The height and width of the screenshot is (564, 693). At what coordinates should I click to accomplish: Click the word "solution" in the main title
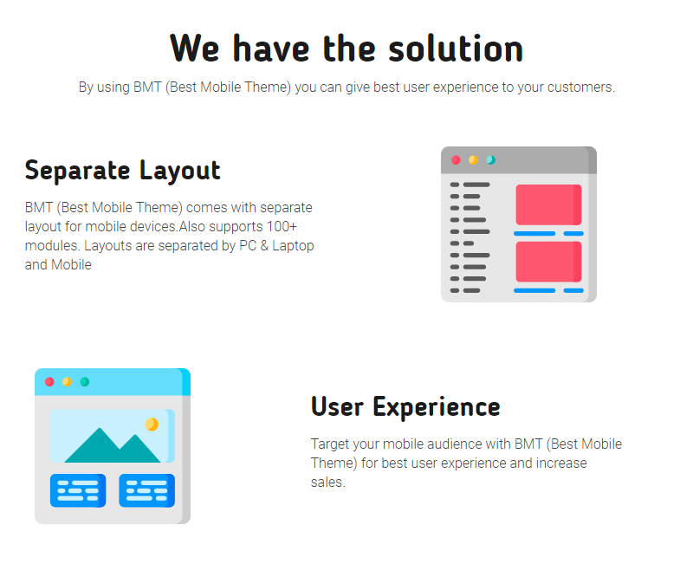(x=456, y=49)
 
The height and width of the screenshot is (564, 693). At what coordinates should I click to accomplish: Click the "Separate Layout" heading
(x=122, y=171)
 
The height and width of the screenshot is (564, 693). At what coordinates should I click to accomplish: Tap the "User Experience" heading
(x=405, y=407)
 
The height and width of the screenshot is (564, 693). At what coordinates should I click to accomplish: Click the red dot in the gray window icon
(x=456, y=160)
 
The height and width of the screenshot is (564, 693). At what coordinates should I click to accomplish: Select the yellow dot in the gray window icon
(x=473, y=160)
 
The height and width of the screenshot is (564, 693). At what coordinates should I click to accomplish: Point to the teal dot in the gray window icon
(x=491, y=160)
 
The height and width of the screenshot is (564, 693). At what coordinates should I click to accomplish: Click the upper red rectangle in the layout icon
(x=548, y=204)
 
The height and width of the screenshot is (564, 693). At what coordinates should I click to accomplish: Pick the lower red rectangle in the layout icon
(x=548, y=262)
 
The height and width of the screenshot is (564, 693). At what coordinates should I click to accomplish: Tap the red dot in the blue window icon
(x=49, y=381)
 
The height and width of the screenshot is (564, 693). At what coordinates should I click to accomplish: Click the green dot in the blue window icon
(x=84, y=381)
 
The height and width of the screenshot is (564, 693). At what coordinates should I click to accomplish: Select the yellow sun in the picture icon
(x=152, y=425)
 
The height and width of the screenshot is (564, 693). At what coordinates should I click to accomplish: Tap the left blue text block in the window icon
(x=78, y=490)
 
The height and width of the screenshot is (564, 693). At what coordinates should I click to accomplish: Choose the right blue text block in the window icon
(x=146, y=490)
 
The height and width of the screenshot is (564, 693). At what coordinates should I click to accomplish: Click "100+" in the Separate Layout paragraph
(x=282, y=226)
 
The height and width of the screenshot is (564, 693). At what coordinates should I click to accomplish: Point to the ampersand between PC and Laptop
(x=264, y=246)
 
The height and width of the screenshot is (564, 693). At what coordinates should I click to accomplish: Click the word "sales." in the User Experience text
(x=327, y=483)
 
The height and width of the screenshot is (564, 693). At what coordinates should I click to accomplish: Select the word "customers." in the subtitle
(x=580, y=88)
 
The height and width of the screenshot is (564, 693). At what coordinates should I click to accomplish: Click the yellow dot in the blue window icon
(x=67, y=381)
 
